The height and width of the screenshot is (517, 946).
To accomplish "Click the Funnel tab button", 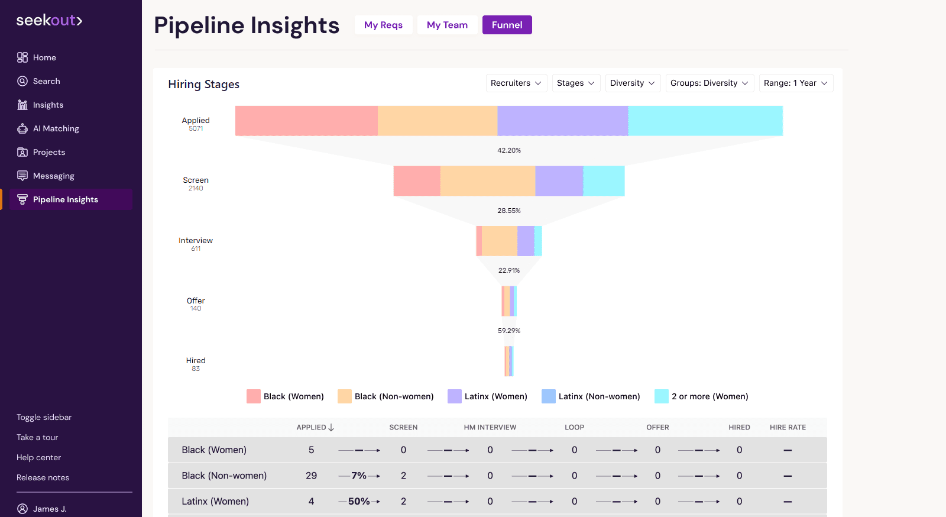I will pyautogui.click(x=507, y=25).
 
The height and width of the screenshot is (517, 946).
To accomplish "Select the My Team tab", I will pyautogui.click(x=447, y=25).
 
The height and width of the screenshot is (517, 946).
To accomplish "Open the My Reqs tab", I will pyautogui.click(x=383, y=25).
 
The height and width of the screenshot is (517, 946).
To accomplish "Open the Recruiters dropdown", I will pyautogui.click(x=516, y=83).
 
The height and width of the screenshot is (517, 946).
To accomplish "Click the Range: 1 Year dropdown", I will pyautogui.click(x=795, y=83).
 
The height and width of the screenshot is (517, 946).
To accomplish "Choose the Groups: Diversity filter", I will pyautogui.click(x=709, y=83).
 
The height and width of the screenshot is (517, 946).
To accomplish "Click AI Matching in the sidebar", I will pyautogui.click(x=56, y=128).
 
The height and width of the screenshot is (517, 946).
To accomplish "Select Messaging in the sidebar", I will pyautogui.click(x=53, y=176).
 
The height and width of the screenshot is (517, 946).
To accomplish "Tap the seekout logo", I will pyautogui.click(x=49, y=20).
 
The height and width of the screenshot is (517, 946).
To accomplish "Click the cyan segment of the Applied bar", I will pyautogui.click(x=705, y=121).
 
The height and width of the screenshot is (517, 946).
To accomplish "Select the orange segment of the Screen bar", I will pyautogui.click(x=488, y=180).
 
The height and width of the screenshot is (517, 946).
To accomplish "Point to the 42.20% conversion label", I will pyautogui.click(x=508, y=150).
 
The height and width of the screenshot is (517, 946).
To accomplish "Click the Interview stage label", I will pyautogui.click(x=196, y=241).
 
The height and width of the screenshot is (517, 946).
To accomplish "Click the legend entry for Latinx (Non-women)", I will pyautogui.click(x=591, y=396).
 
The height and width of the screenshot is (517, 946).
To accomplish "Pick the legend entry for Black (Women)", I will pyautogui.click(x=286, y=396).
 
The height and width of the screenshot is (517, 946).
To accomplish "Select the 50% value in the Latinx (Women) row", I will pyautogui.click(x=359, y=501).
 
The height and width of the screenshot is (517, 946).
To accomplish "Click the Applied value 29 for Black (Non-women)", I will pyautogui.click(x=311, y=476).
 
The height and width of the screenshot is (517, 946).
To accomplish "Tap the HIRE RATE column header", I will pyautogui.click(x=788, y=427).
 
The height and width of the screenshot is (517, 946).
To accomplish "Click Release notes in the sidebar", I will pyautogui.click(x=43, y=477).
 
